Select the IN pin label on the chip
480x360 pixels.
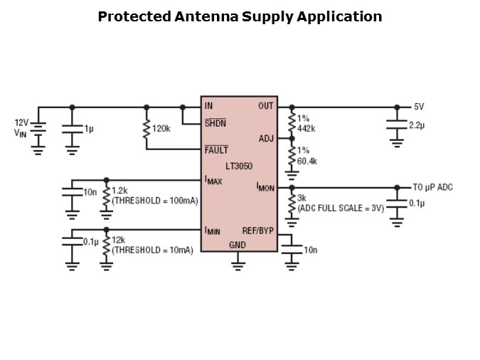click(208, 107)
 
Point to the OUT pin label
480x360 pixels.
click(265, 107)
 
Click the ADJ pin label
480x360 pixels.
click(267, 139)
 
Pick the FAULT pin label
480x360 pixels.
click(216, 149)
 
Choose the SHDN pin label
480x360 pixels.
click(215, 122)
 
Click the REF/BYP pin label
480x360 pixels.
click(257, 231)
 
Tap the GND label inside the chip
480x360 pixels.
click(238, 245)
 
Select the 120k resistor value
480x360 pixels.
click(162, 129)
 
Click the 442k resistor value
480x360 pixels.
click(306, 128)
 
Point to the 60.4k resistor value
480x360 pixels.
click(307, 162)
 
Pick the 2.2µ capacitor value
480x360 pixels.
click(416, 125)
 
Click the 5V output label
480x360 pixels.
click(419, 107)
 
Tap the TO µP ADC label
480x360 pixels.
click(432, 188)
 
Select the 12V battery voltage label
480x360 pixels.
click(21, 122)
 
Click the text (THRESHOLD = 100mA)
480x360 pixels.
click(154, 201)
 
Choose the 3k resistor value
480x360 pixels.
click(302, 198)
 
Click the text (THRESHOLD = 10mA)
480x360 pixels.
click(153, 250)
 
